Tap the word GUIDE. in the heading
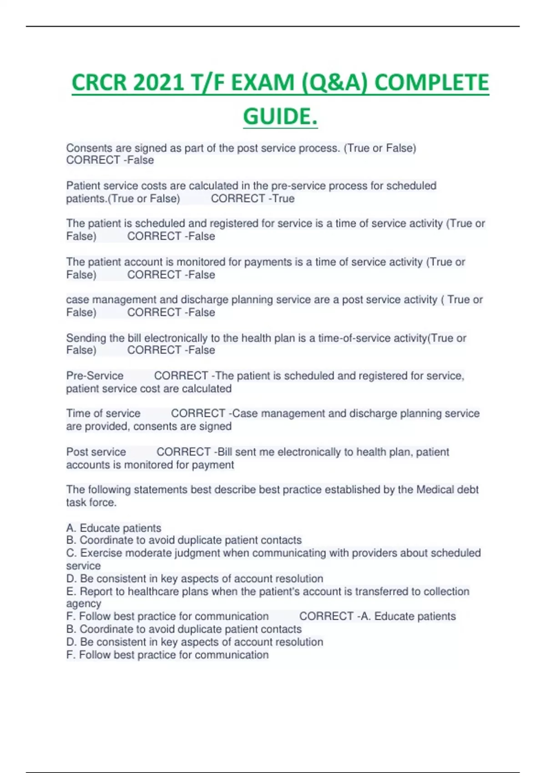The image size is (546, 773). [280, 117]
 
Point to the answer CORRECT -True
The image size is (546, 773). [253, 199]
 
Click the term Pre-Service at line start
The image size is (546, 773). [95, 376]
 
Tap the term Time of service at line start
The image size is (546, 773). [103, 414]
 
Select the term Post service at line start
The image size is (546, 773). [96, 452]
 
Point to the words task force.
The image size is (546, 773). [91, 502]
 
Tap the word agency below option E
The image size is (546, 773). [84, 604]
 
